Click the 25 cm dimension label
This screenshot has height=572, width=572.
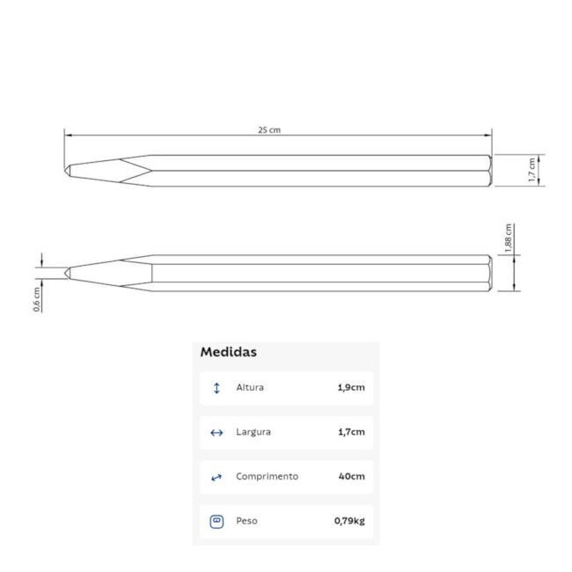[269, 130]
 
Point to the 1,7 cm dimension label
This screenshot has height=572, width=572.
[532, 170]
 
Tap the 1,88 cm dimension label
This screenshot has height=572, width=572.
[509, 238]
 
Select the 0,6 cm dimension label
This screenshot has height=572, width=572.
[37, 299]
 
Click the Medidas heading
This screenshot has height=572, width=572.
[229, 352]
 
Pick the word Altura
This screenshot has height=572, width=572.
[250, 387]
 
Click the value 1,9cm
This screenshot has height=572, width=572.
[351, 387]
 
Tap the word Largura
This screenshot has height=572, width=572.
[253, 432]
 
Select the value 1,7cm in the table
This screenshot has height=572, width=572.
[351, 432]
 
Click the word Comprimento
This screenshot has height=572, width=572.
[267, 476]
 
